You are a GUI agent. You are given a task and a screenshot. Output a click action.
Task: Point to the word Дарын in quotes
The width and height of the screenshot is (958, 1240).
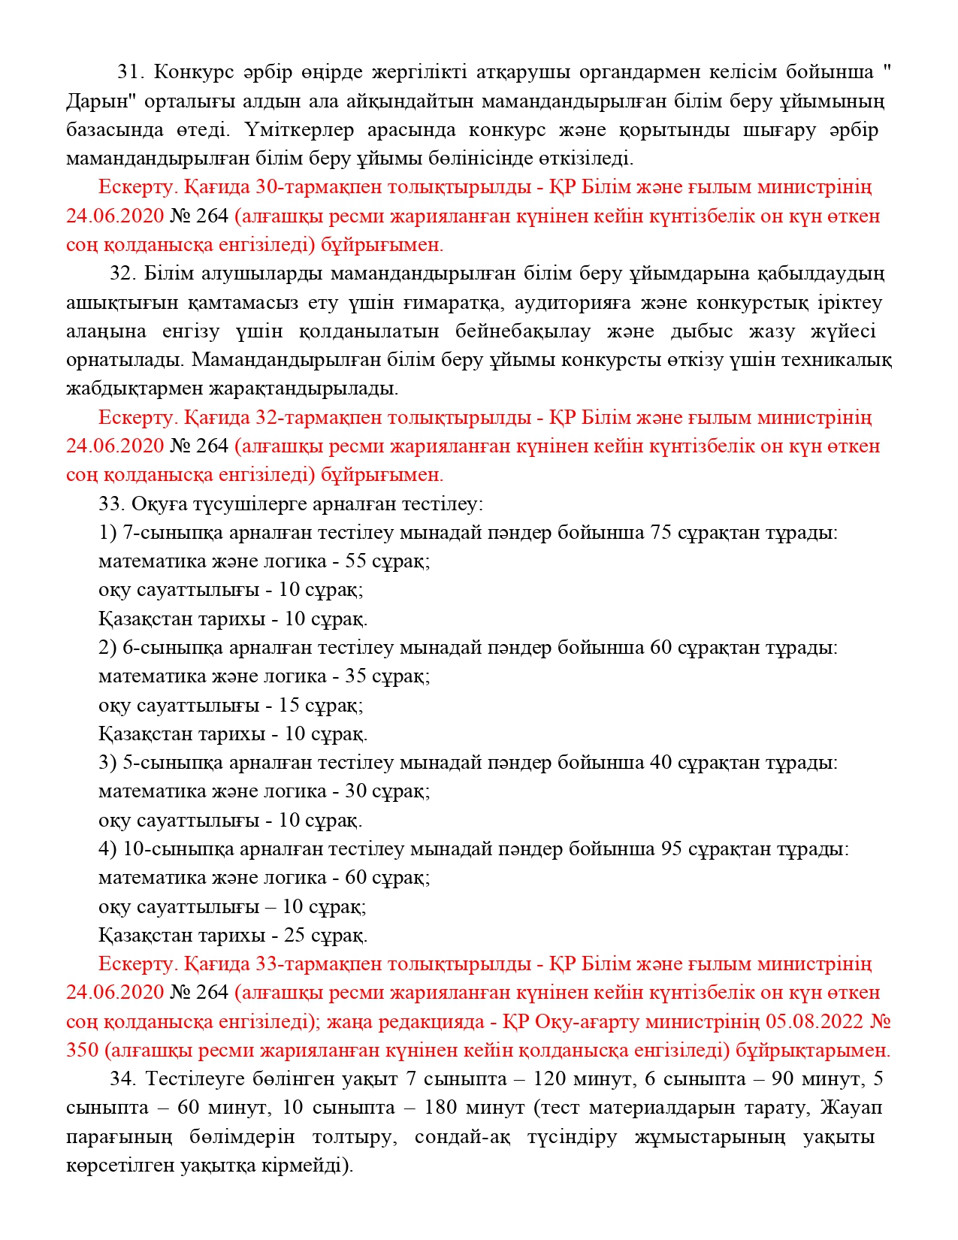click(92, 101)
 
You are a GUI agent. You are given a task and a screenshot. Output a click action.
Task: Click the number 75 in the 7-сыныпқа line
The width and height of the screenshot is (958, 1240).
click(660, 533)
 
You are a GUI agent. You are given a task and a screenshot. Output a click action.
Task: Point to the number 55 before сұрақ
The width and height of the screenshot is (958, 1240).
click(355, 561)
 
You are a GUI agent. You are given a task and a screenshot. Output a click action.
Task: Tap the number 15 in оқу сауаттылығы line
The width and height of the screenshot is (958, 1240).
click(289, 705)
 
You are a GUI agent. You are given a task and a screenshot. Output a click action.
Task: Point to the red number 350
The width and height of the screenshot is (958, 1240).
click(83, 1051)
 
